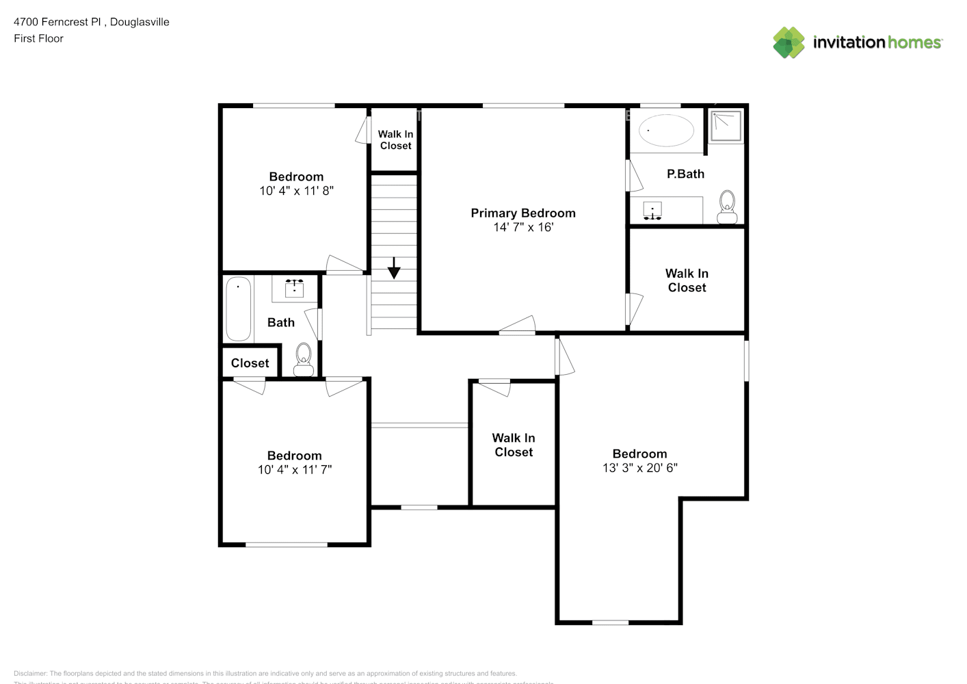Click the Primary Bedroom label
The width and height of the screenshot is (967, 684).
(523, 213)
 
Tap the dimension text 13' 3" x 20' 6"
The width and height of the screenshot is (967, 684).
(639, 468)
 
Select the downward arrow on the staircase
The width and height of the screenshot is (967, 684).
(394, 268)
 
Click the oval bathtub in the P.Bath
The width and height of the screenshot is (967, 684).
(665, 130)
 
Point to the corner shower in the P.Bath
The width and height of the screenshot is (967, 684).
(725, 125)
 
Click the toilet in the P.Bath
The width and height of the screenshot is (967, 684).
(727, 207)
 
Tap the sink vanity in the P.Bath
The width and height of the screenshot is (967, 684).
(653, 211)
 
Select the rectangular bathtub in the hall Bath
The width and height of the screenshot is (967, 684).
(238, 308)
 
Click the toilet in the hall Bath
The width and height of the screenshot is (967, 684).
(303, 360)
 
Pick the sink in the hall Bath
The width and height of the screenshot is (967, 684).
(294, 287)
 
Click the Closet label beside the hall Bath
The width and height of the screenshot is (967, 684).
(250, 363)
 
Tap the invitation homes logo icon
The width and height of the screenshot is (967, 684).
(789, 42)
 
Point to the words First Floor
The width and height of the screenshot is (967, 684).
(38, 38)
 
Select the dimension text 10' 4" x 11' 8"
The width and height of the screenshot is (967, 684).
(296, 191)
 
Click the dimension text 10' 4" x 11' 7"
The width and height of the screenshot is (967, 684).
(295, 470)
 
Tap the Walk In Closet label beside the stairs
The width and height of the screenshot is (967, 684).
(395, 140)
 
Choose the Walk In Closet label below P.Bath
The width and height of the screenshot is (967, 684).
(687, 280)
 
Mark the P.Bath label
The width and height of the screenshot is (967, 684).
(685, 174)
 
